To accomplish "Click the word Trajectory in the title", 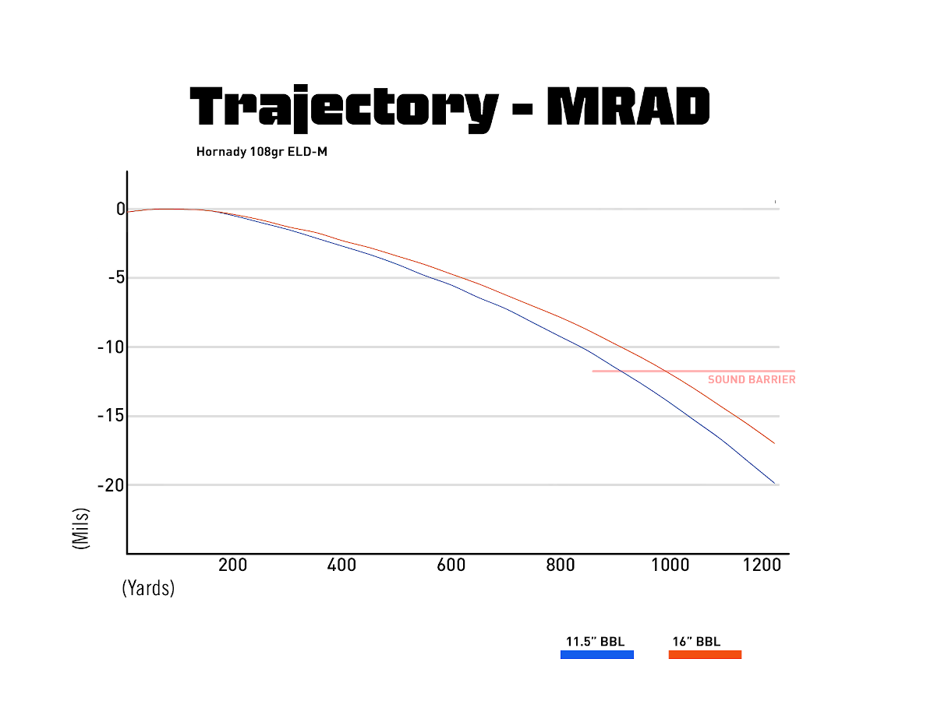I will pyautogui.click(x=344, y=107).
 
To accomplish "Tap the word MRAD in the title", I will pyautogui.click(x=628, y=107).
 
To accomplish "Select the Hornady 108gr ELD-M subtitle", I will pyautogui.click(x=261, y=152).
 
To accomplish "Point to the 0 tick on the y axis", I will pyautogui.click(x=121, y=209).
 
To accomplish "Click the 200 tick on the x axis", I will pyautogui.click(x=232, y=565).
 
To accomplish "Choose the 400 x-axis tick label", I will pyautogui.click(x=341, y=565).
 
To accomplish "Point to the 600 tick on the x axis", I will pyautogui.click(x=451, y=565).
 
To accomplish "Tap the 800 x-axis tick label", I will pyautogui.click(x=561, y=565).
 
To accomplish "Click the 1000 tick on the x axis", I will pyautogui.click(x=670, y=565).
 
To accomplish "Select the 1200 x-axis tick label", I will pyautogui.click(x=762, y=565).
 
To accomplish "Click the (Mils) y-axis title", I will pyautogui.click(x=80, y=530).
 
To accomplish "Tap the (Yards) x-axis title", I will pyautogui.click(x=148, y=589).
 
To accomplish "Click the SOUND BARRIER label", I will pyautogui.click(x=752, y=380).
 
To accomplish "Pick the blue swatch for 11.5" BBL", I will pyautogui.click(x=597, y=655).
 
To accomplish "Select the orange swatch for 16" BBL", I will pyautogui.click(x=705, y=655).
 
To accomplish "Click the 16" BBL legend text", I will pyautogui.click(x=696, y=642).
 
